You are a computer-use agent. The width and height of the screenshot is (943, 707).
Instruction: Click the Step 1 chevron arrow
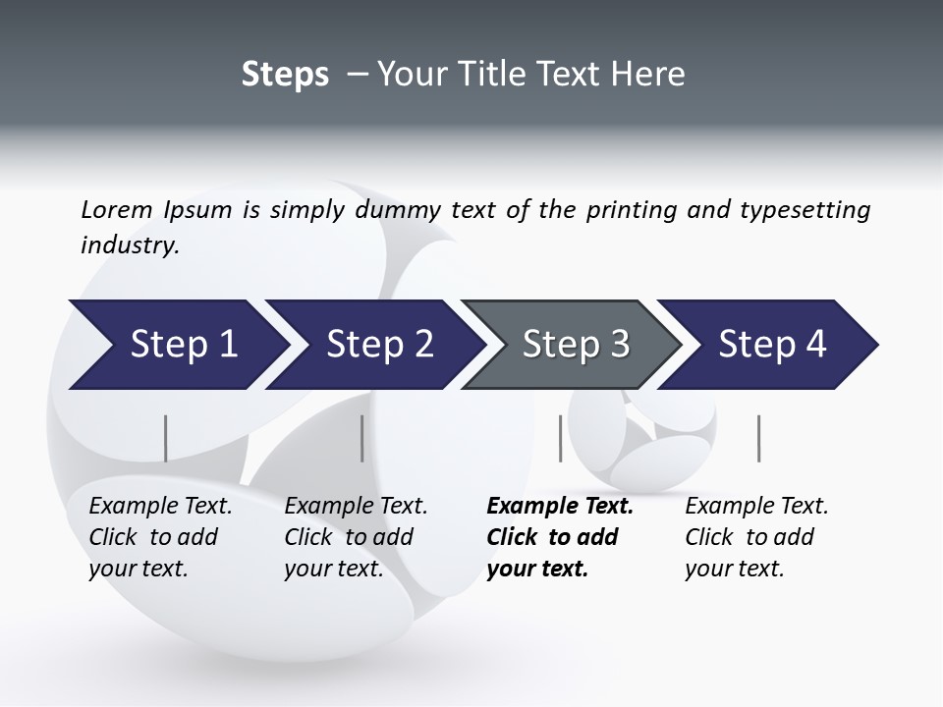[x=177, y=345]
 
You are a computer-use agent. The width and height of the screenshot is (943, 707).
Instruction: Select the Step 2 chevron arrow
[x=378, y=345]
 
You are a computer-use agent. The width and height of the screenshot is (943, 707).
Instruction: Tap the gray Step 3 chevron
[x=575, y=345]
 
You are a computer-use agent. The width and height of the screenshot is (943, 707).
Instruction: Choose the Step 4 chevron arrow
[x=771, y=345]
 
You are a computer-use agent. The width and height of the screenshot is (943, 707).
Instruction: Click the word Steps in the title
[x=285, y=75]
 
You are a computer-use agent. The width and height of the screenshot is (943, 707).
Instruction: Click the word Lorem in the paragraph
[x=117, y=209]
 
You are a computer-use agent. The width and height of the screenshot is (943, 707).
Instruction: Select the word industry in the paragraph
[x=129, y=245]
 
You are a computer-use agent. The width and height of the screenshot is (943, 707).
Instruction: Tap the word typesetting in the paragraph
[x=805, y=210]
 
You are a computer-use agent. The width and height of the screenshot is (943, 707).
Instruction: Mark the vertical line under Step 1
[x=165, y=438]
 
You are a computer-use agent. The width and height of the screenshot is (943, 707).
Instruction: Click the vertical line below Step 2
[x=362, y=438]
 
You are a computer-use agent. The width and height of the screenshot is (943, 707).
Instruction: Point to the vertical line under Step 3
[x=561, y=438]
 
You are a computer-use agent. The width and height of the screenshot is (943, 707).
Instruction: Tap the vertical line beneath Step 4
[x=759, y=438]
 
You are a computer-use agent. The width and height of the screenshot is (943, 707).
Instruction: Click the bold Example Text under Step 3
[x=560, y=507]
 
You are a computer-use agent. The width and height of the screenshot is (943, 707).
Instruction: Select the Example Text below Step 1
[x=160, y=507]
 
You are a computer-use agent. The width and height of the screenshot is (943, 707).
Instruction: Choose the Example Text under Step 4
[x=756, y=507]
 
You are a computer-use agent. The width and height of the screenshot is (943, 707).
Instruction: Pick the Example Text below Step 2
[x=356, y=507]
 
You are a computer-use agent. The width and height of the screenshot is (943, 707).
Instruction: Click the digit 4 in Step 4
[x=814, y=345]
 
